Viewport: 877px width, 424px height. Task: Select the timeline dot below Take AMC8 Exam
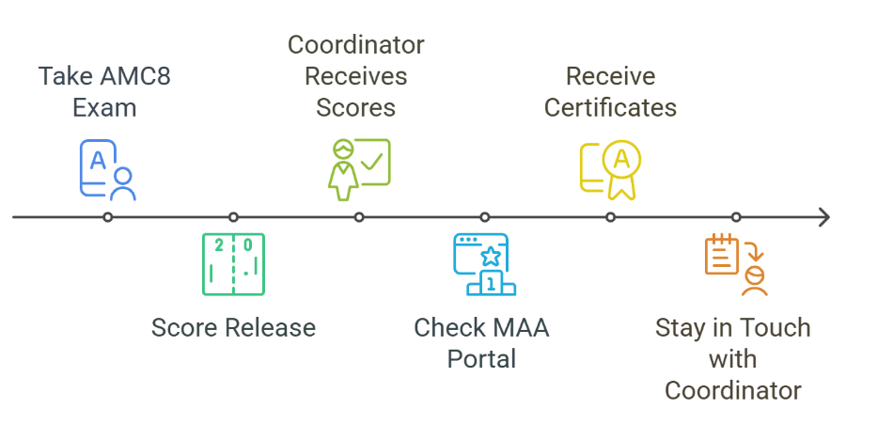tap(108, 217)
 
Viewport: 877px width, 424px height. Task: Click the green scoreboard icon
tap(233, 264)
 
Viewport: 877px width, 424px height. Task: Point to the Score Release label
tap(233, 328)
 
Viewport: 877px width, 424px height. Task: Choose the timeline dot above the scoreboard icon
tap(233, 217)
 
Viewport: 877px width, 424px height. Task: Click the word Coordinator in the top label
tap(355, 45)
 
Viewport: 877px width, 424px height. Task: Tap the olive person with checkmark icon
tap(358, 169)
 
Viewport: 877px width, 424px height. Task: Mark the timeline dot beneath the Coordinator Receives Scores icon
tap(359, 217)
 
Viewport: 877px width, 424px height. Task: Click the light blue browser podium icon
tap(484, 264)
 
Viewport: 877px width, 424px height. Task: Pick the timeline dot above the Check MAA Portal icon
tap(484, 217)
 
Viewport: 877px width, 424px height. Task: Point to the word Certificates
tap(610, 107)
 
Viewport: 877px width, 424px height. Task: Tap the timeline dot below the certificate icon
tap(610, 217)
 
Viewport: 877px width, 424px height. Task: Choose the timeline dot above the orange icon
tap(736, 217)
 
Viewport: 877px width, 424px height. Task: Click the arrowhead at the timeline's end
tap(824, 217)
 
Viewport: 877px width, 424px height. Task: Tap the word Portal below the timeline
tap(481, 359)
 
